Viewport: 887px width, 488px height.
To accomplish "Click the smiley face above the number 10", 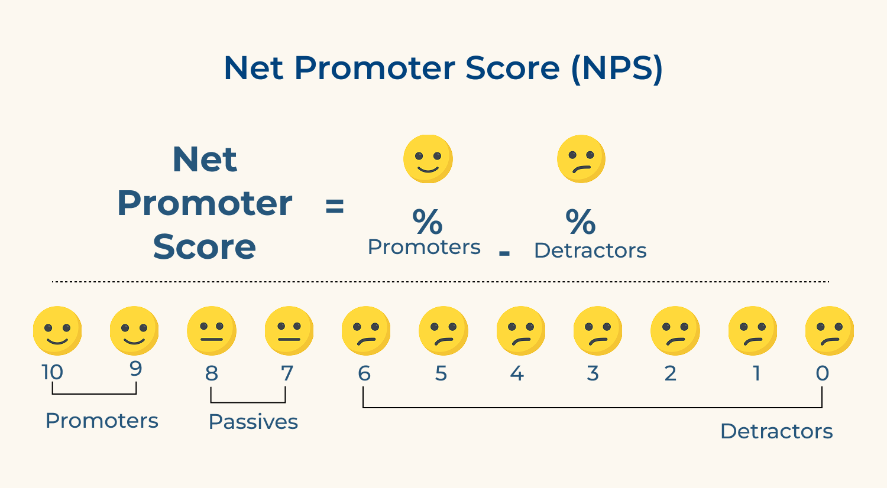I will tap(57, 331).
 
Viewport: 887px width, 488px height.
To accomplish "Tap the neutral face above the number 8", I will tap(212, 331).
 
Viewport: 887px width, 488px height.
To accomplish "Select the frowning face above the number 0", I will tap(830, 331).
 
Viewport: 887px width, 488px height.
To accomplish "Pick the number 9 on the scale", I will tap(136, 369).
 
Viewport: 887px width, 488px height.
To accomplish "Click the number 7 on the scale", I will tap(287, 373).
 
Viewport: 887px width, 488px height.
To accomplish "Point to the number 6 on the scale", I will tap(364, 373).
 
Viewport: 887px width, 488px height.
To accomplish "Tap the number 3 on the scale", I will tap(593, 373).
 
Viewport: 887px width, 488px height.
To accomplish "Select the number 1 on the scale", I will tap(756, 373).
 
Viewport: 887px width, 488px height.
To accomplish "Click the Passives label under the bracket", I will tap(253, 422).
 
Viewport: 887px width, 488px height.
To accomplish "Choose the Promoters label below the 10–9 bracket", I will tap(102, 421).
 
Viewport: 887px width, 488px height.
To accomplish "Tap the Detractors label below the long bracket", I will tap(776, 431).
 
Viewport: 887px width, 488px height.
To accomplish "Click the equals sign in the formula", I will tap(335, 206).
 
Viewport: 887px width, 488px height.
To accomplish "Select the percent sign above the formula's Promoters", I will tap(428, 222).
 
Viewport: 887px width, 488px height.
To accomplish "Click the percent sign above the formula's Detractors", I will tap(581, 222).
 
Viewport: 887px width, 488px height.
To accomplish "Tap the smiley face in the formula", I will tap(428, 159).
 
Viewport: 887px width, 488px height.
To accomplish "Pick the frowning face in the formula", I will tap(581, 159).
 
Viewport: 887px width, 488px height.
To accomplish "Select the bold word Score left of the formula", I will tap(205, 247).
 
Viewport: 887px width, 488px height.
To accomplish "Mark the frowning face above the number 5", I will tap(443, 331).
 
